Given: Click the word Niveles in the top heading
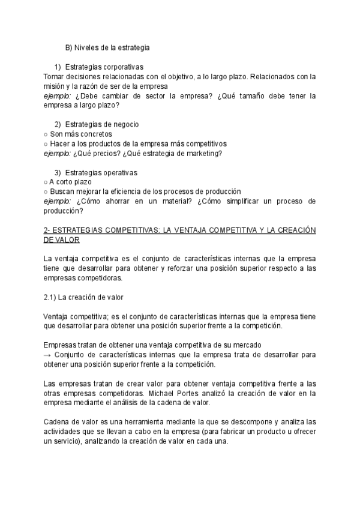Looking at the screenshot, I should click(88, 47).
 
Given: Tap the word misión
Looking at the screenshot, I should click(56, 86).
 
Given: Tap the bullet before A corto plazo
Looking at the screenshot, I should click(46, 182).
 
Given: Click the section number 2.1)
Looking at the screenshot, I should click(52, 297).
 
